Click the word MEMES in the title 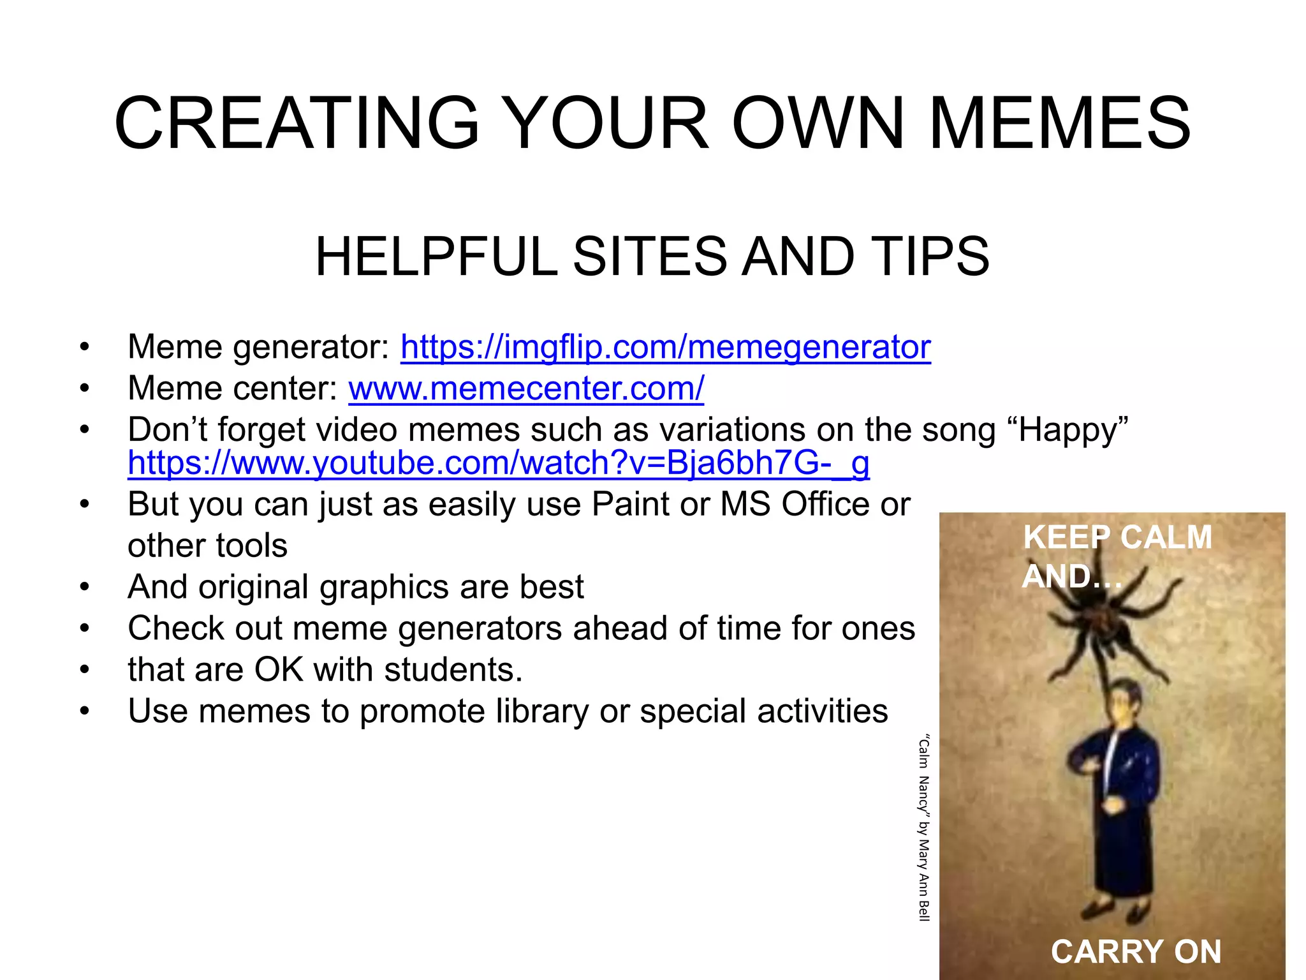[x=1059, y=123]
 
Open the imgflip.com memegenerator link [x=665, y=347]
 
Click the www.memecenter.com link [x=526, y=388]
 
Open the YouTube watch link [x=498, y=463]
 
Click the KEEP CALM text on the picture [x=1117, y=537]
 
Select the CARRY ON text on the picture [x=1136, y=951]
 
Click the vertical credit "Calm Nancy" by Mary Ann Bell [x=923, y=828]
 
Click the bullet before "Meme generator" [x=84, y=348]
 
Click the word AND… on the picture [x=1071, y=576]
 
